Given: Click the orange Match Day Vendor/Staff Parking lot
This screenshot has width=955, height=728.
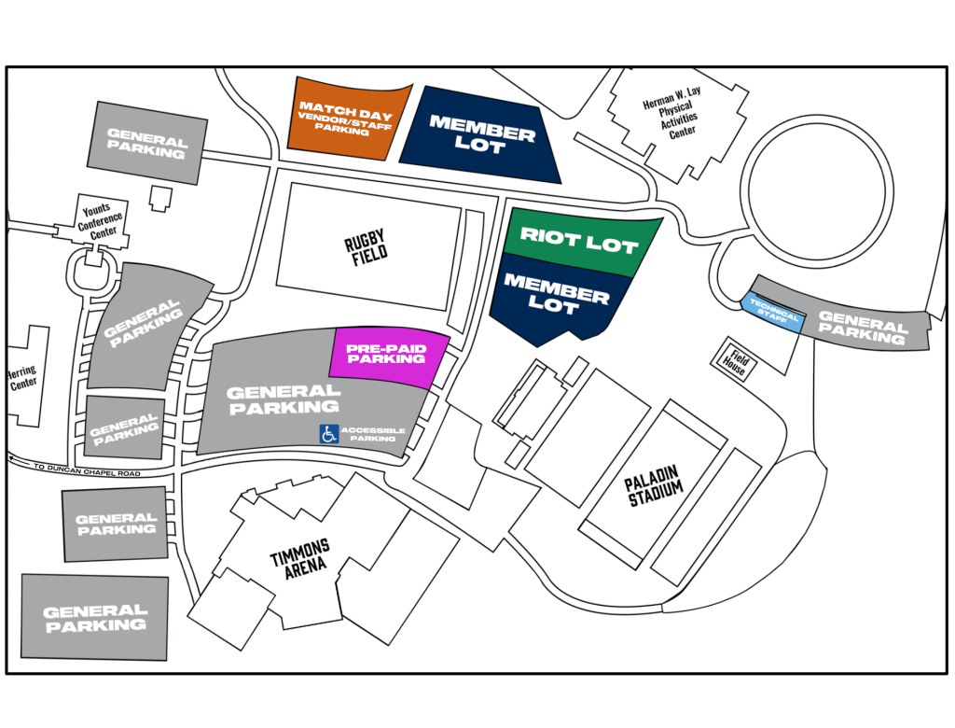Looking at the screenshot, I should pyautogui.click(x=347, y=119).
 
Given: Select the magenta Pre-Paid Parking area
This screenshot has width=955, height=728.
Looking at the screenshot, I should pyautogui.click(x=386, y=355).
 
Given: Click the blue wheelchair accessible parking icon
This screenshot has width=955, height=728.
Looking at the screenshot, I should pyautogui.click(x=328, y=434).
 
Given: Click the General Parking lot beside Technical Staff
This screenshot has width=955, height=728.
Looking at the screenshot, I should pyautogui.click(x=863, y=328).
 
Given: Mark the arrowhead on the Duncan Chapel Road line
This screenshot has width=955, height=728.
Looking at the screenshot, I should pyautogui.click(x=12, y=458).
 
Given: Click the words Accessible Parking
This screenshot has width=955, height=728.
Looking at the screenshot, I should pyautogui.click(x=373, y=434).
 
